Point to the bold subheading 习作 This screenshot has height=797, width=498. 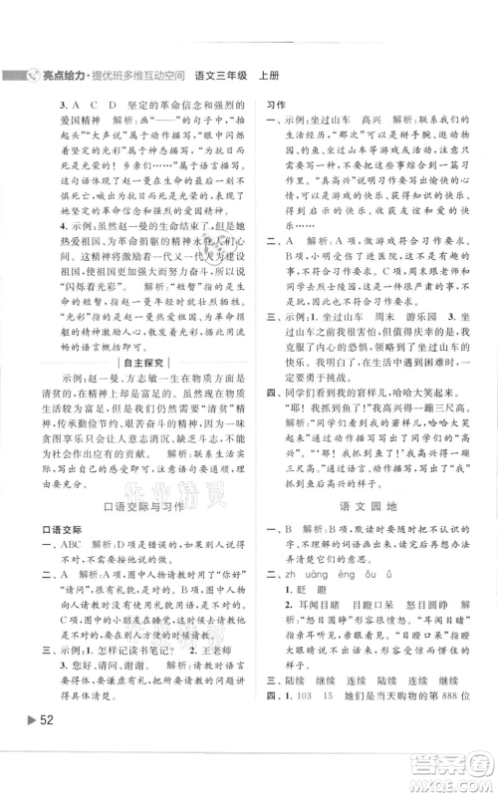point(273,103)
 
